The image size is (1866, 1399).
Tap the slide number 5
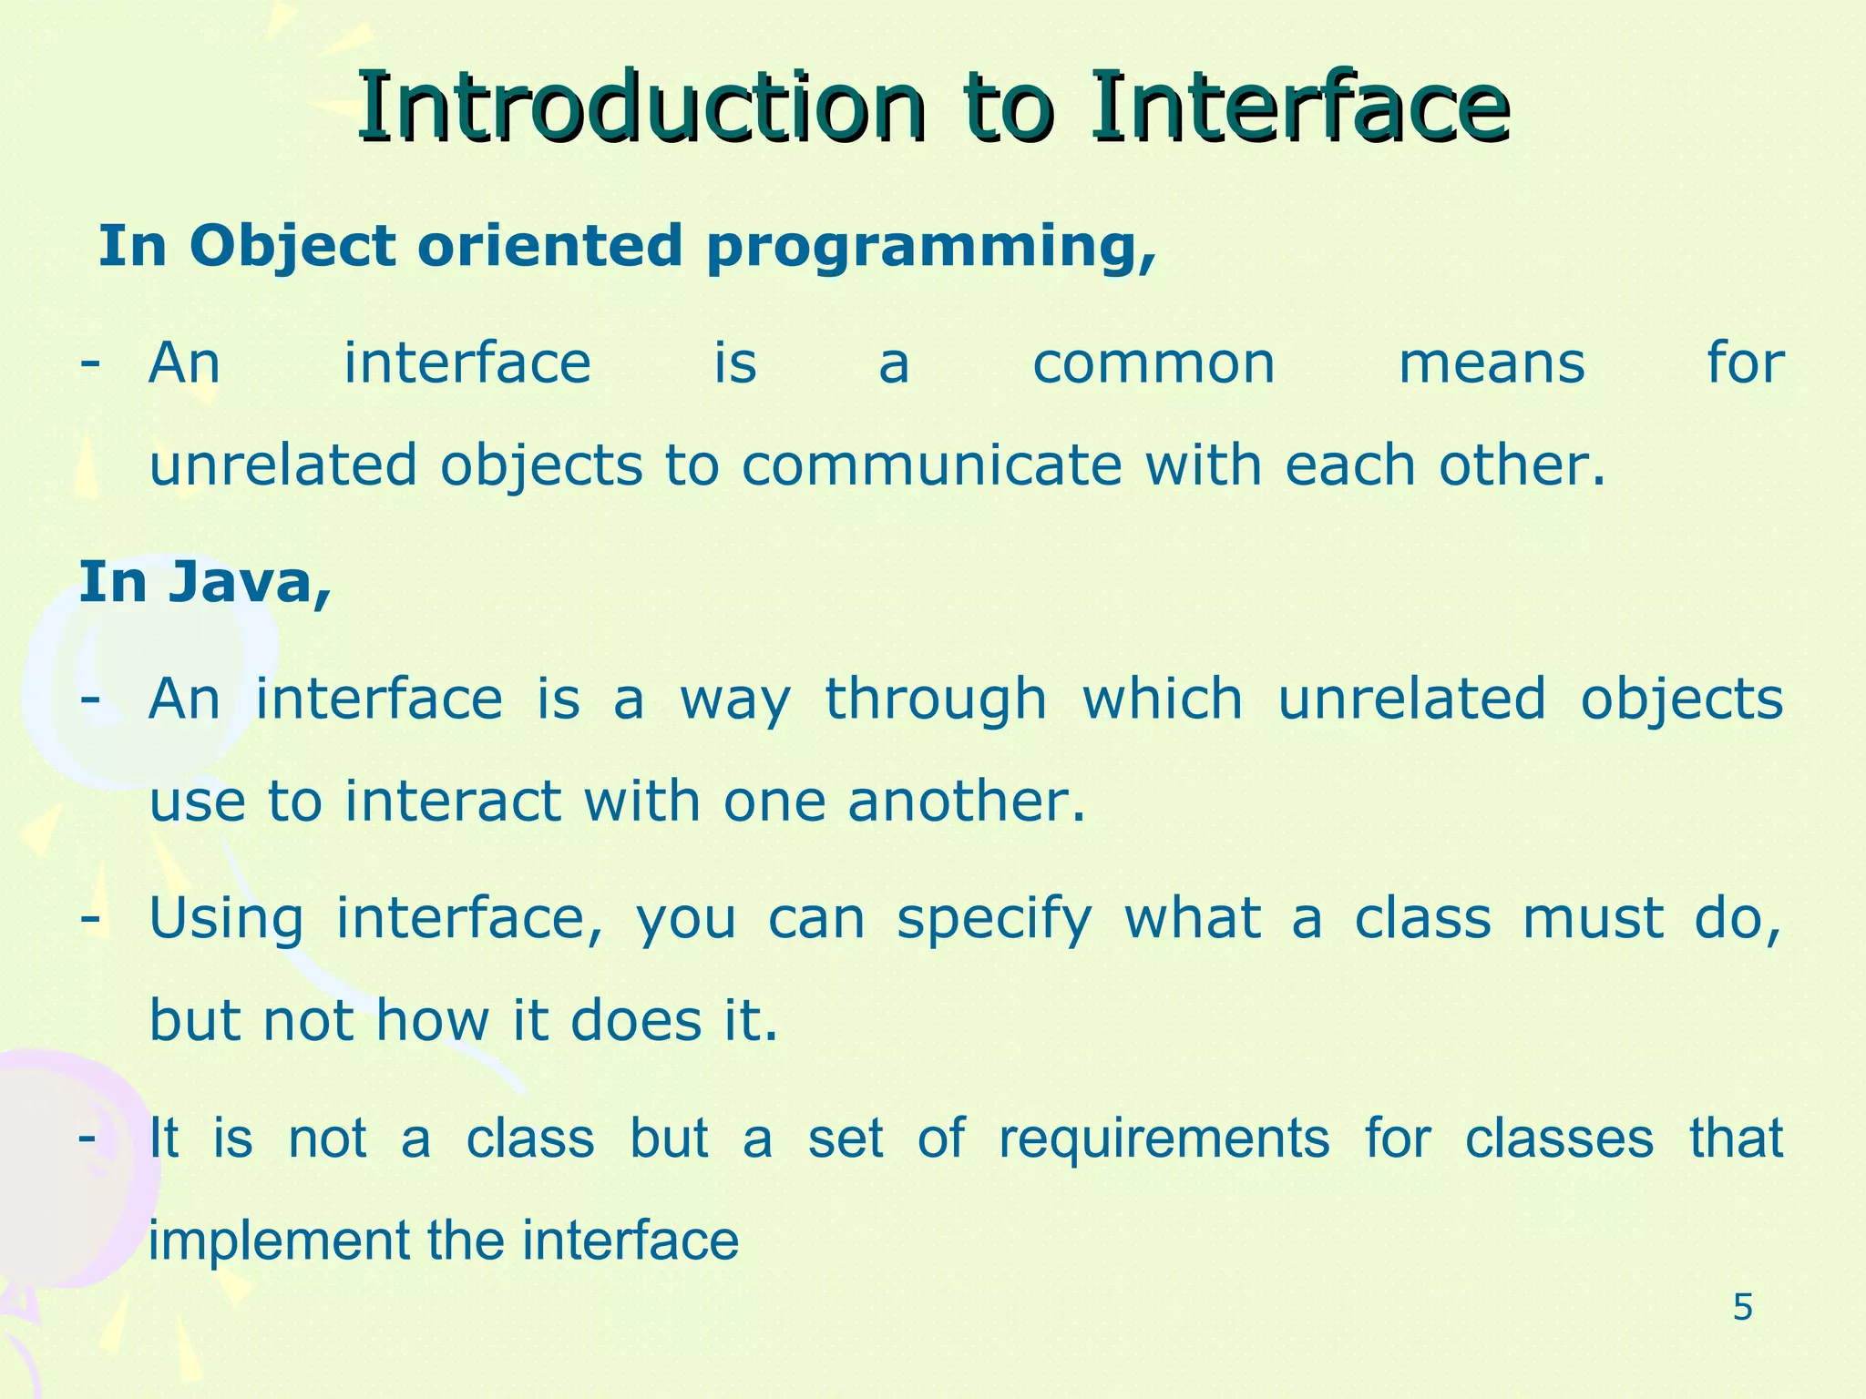[x=1742, y=1308]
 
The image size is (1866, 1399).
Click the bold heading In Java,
[x=205, y=583]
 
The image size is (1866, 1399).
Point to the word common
[x=1153, y=364]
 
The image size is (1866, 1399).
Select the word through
[x=936, y=701]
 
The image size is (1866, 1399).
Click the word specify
[x=994, y=920]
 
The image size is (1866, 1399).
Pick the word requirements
[x=1164, y=1139]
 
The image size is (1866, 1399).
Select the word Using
[x=226, y=920]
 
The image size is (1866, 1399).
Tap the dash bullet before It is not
[x=88, y=1137]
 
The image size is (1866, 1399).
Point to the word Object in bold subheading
[x=292, y=249]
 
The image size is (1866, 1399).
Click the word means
[x=1492, y=364]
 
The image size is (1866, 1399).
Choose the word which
[x=1162, y=699]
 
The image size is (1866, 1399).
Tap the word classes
[x=1559, y=1139]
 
